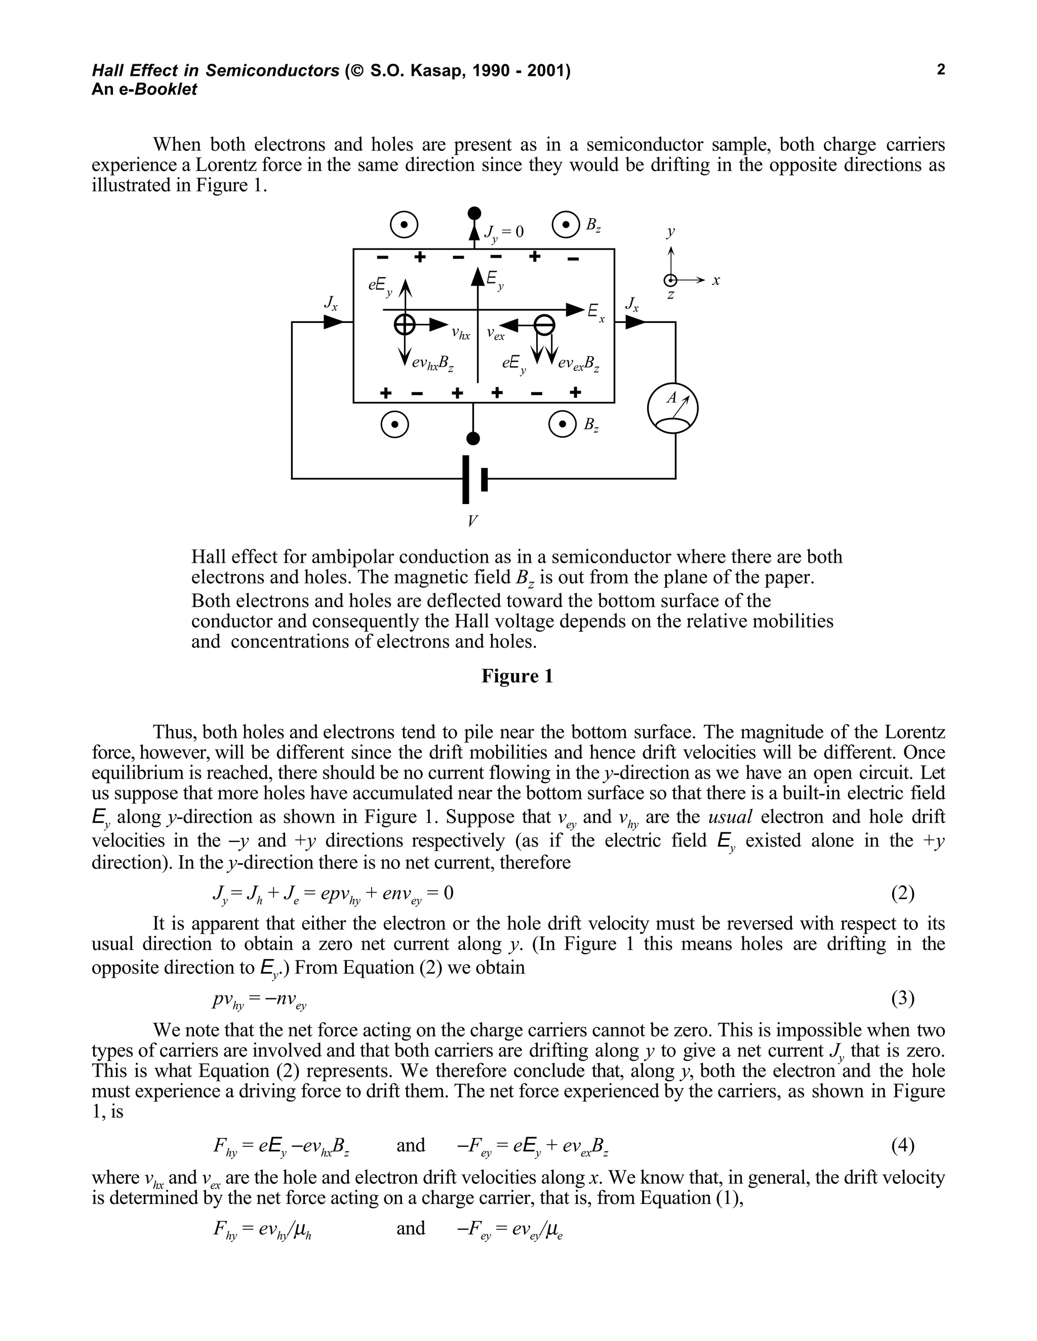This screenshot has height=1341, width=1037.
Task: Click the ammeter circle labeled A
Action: point(673,408)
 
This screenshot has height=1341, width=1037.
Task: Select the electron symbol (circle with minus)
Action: point(544,324)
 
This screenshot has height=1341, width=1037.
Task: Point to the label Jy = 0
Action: point(504,232)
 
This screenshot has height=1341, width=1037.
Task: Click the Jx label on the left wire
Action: point(331,303)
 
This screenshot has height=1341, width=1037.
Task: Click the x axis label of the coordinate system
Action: point(715,281)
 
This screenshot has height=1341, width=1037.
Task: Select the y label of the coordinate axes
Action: point(670,232)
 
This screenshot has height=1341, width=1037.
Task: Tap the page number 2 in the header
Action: point(941,69)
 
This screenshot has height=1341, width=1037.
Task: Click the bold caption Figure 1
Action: point(517,676)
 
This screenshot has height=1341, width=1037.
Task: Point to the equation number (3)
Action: point(902,998)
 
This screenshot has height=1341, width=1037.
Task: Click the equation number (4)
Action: point(902,1145)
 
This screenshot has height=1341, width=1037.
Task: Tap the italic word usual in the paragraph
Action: point(730,817)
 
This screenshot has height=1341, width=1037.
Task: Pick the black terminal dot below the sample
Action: point(473,438)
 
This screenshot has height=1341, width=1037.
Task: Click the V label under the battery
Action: point(472,521)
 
